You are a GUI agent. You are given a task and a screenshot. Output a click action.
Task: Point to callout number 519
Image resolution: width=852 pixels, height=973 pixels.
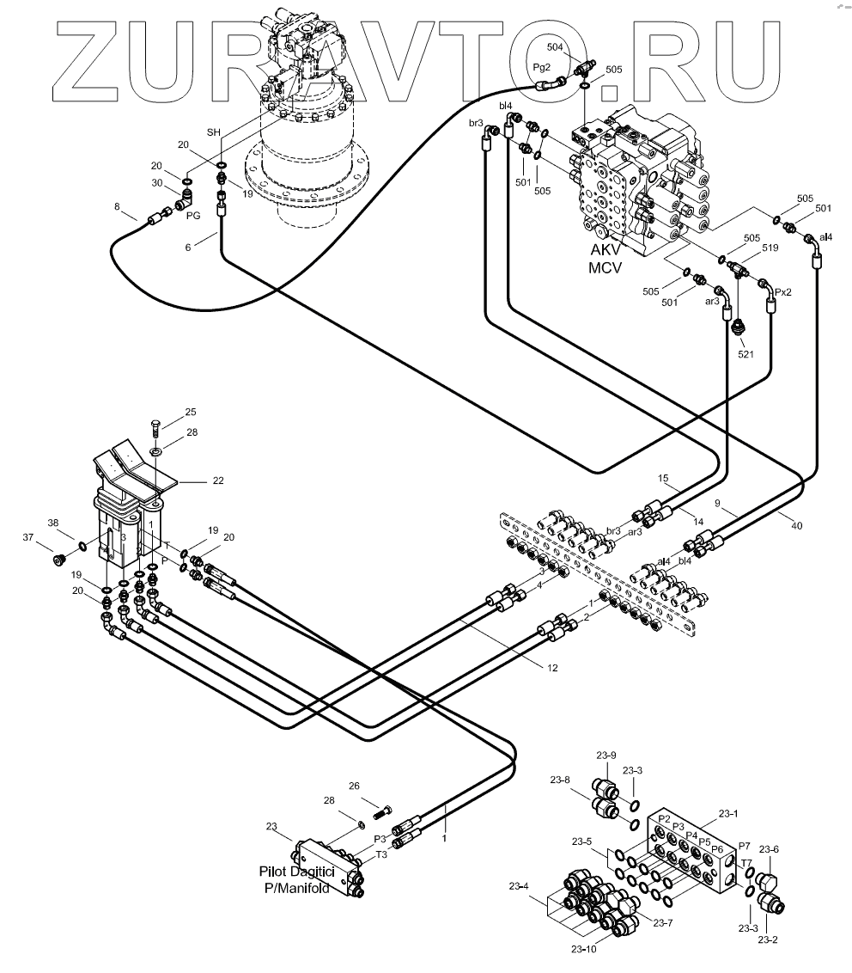tap(768, 248)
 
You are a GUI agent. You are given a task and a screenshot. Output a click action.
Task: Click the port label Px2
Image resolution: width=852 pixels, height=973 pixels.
tap(782, 292)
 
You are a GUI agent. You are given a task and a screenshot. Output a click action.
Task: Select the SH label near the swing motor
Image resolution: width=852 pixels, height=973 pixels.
tap(214, 132)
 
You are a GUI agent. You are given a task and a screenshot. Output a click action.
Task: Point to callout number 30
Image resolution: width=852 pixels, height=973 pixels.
tap(157, 183)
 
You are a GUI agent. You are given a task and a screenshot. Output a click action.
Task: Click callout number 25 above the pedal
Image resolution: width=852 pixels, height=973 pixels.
tap(191, 412)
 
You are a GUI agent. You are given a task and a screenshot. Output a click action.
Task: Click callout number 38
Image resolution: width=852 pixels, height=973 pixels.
tap(53, 523)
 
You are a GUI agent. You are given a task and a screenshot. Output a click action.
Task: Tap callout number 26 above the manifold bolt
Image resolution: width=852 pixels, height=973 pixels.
tap(354, 786)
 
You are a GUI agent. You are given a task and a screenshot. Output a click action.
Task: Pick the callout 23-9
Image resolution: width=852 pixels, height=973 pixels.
tap(607, 755)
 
